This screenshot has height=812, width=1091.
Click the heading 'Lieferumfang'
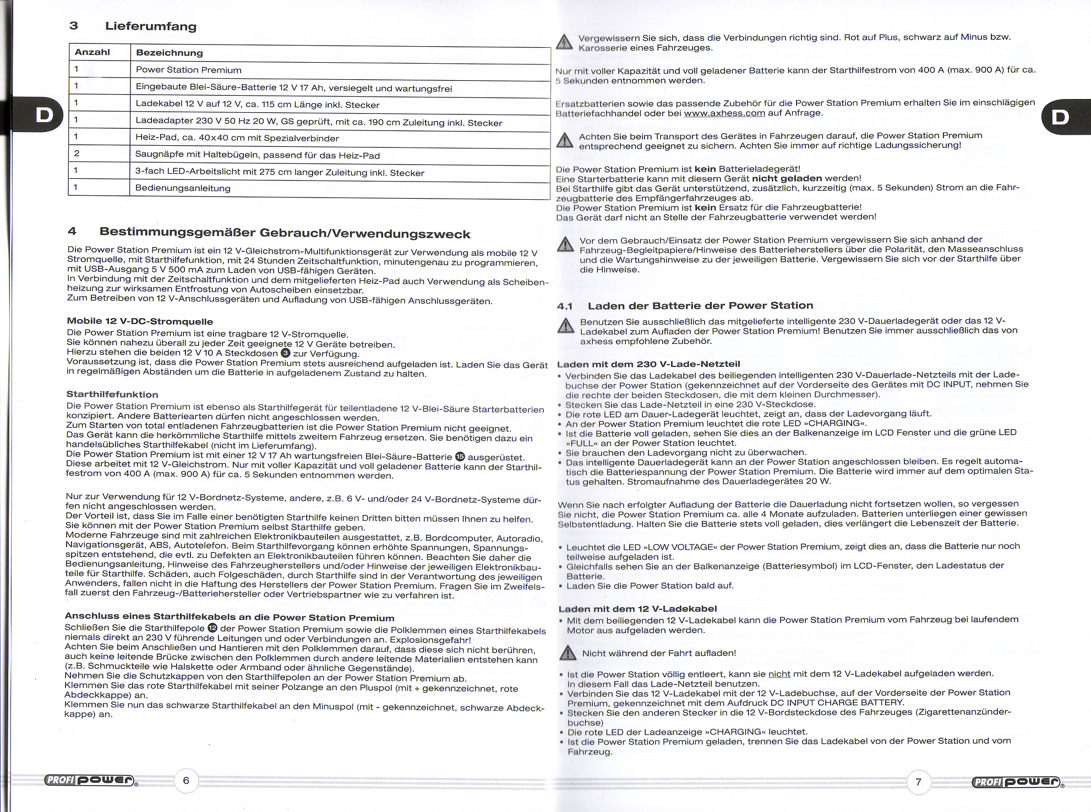pos(150,26)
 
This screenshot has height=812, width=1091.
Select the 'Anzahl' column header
pos(92,52)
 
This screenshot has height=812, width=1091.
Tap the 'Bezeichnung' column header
pos(170,53)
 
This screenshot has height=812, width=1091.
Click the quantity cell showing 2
pos(77,153)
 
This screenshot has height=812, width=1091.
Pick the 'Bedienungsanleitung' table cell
pos(183,188)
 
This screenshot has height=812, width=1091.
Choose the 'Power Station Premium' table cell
pos(188,70)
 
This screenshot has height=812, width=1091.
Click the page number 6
pos(186,780)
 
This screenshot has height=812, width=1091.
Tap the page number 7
pos(918,782)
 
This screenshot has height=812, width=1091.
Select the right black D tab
pos(1060,117)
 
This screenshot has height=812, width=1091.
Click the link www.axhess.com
pos(724,113)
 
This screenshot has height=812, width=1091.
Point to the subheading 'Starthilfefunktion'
pos(112,394)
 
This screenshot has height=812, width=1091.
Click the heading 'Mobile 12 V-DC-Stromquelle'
pos(140,321)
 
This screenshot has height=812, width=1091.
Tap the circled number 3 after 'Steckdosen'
pos(286,353)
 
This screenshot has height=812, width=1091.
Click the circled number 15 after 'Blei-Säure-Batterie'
pos(460,457)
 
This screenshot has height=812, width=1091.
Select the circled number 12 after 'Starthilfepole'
pos(212,628)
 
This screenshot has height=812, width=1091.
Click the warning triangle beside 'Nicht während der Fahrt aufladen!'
pos(568,653)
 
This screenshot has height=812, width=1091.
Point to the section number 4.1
pos(565,306)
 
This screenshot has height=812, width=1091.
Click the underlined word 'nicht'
pos(779,674)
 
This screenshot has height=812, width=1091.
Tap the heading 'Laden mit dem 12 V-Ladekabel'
pos(637,609)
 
